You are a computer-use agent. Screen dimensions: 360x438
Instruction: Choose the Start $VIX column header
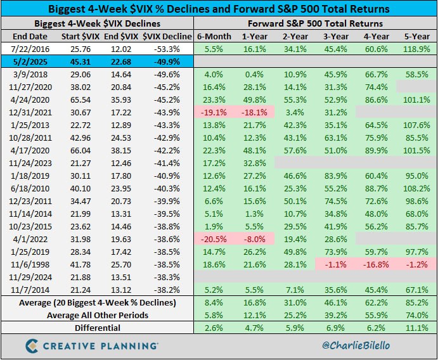point(79,36)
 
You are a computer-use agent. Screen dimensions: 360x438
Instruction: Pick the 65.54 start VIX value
point(79,100)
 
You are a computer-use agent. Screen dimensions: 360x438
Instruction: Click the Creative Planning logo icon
point(34,345)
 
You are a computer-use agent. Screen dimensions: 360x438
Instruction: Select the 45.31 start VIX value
point(79,61)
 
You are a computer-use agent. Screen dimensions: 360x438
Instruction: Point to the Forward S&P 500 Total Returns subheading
point(315,23)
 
